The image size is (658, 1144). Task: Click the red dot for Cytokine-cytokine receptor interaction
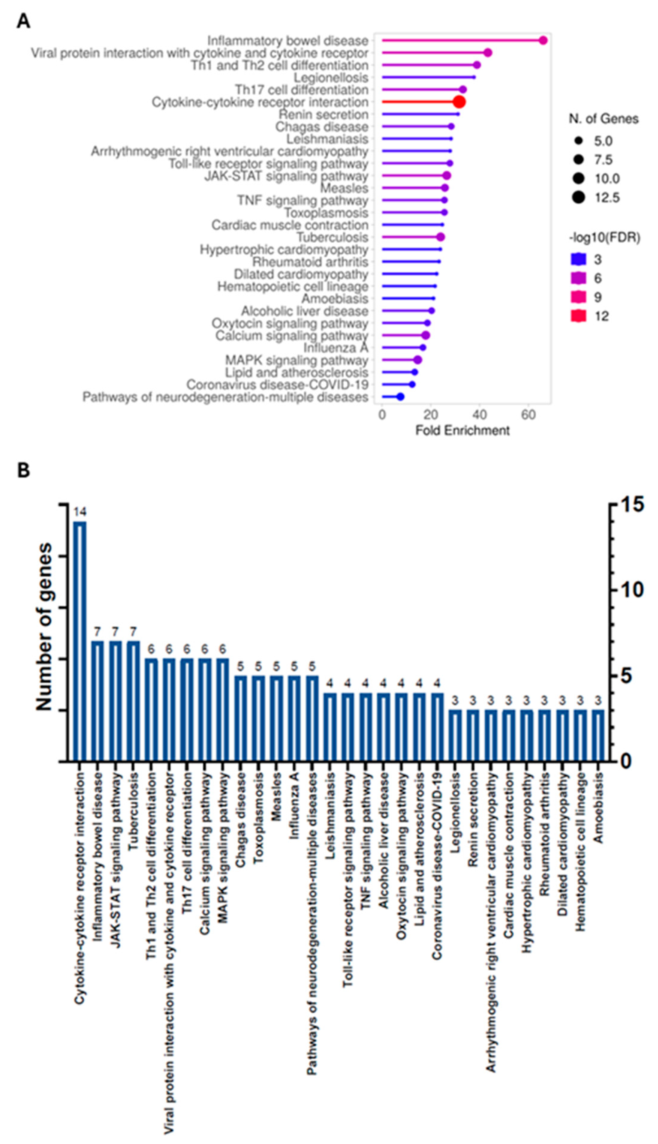(x=459, y=102)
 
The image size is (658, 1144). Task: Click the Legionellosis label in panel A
(x=331, y=77)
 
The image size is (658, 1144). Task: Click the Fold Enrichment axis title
(x=462, y=430)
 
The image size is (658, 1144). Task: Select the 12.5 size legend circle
(x=579, y=198)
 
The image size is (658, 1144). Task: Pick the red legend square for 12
(x=579, y=316)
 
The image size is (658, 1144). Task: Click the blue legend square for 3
(x=579, y=259)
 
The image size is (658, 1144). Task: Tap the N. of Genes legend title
(x=603, y=119)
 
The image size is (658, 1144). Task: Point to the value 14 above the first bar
(x=80, y=512)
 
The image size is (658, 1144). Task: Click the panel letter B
(x=23, y=470)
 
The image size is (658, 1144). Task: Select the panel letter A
(x=23, y=21)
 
